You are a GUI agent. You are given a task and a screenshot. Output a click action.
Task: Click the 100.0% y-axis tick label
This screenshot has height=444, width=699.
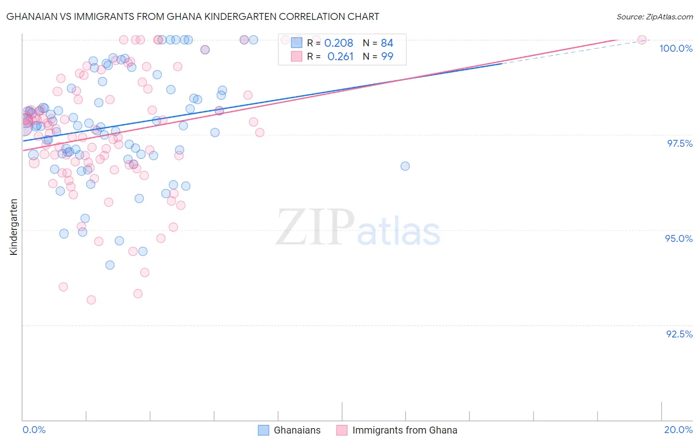(x=676, y=48)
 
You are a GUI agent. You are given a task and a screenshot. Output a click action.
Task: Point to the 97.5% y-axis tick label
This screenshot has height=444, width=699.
(x=679, y=143)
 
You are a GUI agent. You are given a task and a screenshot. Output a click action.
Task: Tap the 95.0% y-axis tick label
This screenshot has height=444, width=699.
(x=679, y=238)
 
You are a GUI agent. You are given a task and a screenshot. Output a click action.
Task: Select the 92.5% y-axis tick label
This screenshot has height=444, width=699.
(x=679, y=334)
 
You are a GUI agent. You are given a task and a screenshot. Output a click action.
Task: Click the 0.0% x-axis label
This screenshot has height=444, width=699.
(x=34, y=430)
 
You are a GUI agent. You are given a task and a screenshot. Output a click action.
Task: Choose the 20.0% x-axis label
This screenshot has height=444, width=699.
(x=678, y=430)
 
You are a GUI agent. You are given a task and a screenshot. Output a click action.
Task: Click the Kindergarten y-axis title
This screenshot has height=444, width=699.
(x=14, y=227)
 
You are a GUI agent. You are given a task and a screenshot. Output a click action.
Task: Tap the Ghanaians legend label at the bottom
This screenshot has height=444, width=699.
(x=297, y=430)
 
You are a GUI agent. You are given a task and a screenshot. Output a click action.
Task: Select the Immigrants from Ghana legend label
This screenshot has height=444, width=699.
(x=404, y=430)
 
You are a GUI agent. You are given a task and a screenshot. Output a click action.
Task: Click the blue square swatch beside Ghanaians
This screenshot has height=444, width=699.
(x=263, y=430)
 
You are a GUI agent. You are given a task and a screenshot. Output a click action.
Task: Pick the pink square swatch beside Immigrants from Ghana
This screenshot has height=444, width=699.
(x=342, y=430)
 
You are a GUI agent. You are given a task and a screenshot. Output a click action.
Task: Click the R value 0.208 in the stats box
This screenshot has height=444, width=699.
(x=339, y=43)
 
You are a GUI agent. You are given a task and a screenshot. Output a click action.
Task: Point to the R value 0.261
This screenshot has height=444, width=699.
(x=340, y=57)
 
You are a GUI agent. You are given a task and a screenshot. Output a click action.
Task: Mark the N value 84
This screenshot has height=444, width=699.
(x=387, y=43)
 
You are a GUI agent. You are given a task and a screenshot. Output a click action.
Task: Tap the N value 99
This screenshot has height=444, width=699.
(x=387, y=57)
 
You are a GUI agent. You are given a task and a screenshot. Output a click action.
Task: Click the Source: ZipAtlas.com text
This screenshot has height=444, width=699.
(x=654, y=17)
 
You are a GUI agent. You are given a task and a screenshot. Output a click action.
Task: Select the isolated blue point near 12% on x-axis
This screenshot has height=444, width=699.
(x=405, y=166)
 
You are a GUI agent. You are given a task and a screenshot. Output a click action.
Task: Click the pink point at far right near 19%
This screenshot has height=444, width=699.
(x=641, y=40)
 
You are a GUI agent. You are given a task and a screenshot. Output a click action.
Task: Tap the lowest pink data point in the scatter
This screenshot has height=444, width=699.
(x=91, y=300)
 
